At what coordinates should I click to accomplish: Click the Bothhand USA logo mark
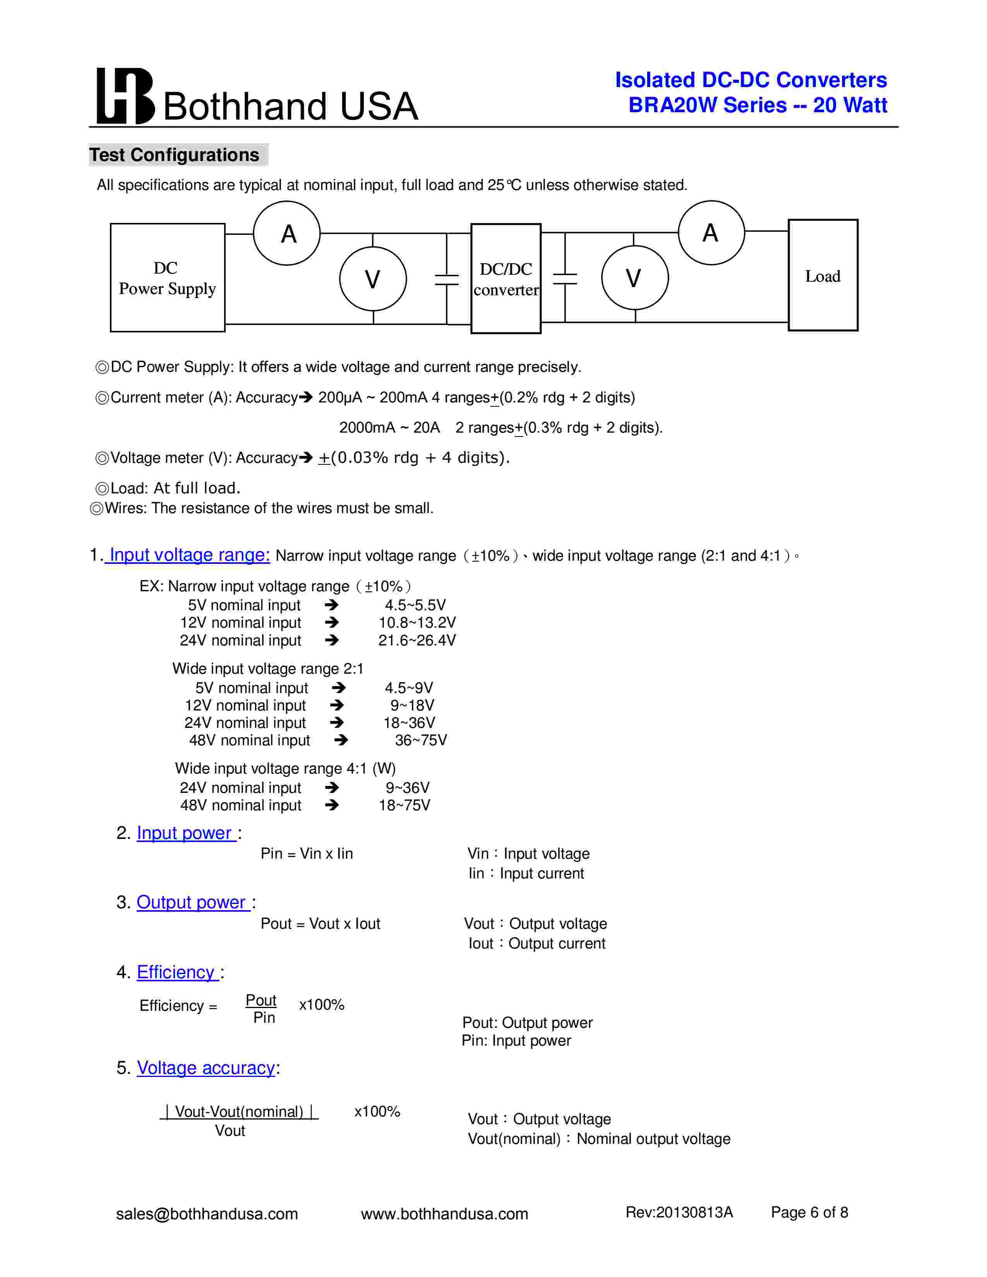click(125, 96)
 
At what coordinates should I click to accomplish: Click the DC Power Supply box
click(167, 278)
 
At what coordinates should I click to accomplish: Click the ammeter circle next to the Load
click(711, 233)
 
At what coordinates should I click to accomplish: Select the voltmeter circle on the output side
click(634, 278)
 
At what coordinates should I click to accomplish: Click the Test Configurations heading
click(174, 155)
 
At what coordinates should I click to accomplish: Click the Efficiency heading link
click(176, 972)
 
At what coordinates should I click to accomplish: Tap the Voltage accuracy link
click(206, 1068)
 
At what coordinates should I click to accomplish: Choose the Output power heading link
click(192, 902)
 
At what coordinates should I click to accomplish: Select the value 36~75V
click(420, 740)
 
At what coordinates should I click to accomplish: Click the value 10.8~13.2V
click(417, 623)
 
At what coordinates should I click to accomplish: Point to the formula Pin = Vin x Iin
click(307, 854)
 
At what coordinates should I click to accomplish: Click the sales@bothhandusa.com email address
click(207, 1214)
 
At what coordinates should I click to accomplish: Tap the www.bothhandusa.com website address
click(444, 1214)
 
